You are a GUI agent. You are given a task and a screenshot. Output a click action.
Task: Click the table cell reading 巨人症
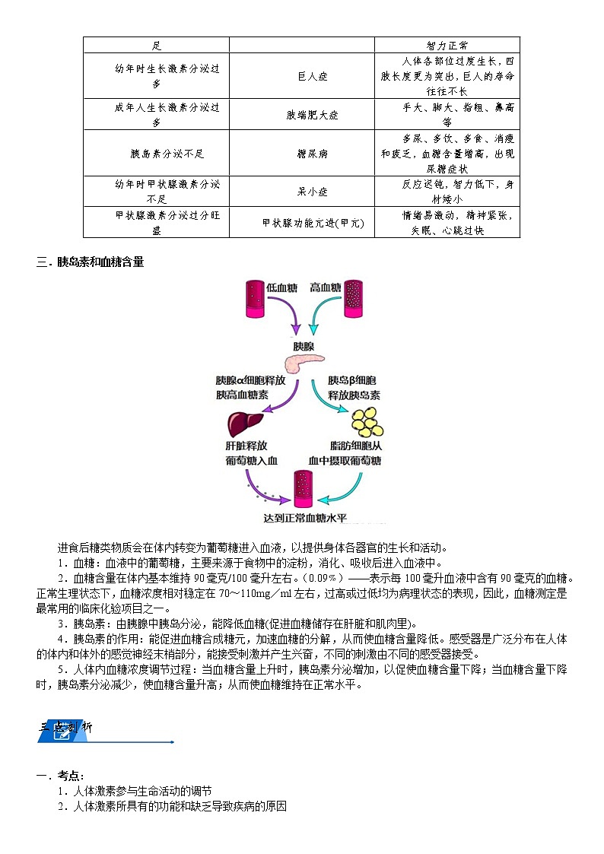pos(300,77)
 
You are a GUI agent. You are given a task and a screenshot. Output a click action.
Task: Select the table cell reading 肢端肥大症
pos(300,115)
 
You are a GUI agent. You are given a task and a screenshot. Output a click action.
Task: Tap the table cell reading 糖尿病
pos(300,154)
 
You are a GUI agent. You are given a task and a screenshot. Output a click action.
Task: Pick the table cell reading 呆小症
pos(300,192)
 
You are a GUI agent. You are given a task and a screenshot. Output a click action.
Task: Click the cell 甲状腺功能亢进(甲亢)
pos(301,223)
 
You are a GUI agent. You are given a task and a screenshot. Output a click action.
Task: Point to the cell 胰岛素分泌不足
pos(156,154)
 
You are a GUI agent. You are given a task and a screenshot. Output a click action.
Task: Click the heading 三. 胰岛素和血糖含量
pos(90,263)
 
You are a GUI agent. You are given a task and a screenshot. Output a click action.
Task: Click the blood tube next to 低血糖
pos(254,298)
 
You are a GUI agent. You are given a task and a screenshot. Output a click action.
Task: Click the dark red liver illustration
pos(245,422)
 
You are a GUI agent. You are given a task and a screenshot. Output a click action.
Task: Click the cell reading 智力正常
pos(447,46)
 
